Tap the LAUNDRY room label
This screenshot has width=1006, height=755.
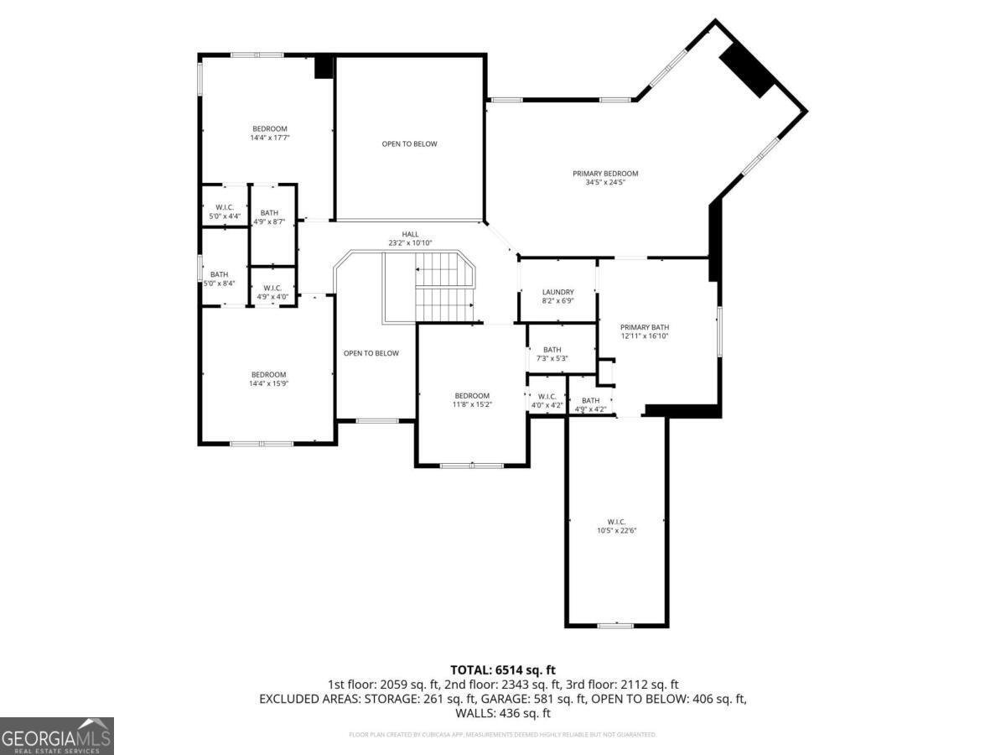point(557,292)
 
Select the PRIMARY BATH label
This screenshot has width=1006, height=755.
point(644,327)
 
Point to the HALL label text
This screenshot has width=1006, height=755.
point(410,234)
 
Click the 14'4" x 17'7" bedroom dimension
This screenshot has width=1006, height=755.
point(269,138)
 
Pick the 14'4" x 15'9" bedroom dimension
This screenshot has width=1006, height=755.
point(268,383)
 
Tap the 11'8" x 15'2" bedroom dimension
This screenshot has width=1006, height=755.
point(472,404)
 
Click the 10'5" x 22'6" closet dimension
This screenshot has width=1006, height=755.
point(617,530)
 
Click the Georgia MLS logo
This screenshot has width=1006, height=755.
point(57,736)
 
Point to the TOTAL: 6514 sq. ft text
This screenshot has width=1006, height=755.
point(503,669)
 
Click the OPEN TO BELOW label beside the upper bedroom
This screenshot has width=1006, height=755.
point(409,143)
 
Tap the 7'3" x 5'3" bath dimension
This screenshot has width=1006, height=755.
point(552,358)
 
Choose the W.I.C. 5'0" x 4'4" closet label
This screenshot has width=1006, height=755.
point(224,212)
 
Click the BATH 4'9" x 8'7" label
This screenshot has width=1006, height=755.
point(269,216)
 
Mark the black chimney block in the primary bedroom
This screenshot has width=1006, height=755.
point(748,70)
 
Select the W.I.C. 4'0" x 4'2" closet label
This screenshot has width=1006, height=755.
point(547,401)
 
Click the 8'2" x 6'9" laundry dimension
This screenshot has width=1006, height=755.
point(557,300)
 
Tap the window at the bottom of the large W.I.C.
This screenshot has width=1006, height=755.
point(616,625)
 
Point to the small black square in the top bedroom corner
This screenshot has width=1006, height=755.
point(324,67)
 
